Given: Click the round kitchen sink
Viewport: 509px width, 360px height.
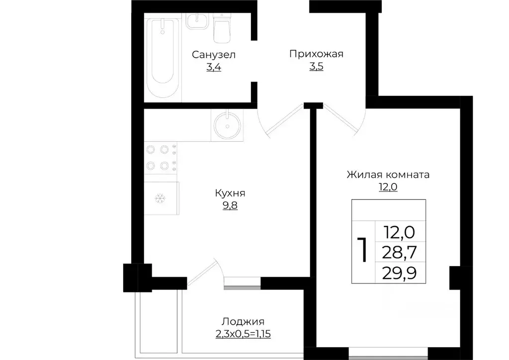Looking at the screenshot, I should click(x=228, y=125).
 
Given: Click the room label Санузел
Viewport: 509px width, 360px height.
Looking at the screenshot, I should click(x=214, y=54).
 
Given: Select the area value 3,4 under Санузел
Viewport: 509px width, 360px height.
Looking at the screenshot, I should click(x=214, y=67).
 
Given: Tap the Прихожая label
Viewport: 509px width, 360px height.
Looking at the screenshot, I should click(x=317, y=54).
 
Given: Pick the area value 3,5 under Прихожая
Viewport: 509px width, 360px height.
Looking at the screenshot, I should click(x=317, y=67).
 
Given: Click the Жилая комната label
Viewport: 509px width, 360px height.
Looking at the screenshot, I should click(x=388, y=175).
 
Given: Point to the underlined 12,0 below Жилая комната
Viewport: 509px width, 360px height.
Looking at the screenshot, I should click(x=388, y=187).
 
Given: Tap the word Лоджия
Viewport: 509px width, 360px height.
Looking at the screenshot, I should click(x=243, y=321).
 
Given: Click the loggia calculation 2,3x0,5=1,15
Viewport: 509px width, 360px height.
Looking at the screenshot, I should click(x=243, y=334).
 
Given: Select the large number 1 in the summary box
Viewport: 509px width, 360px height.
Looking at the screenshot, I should click(x=363, y=250).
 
